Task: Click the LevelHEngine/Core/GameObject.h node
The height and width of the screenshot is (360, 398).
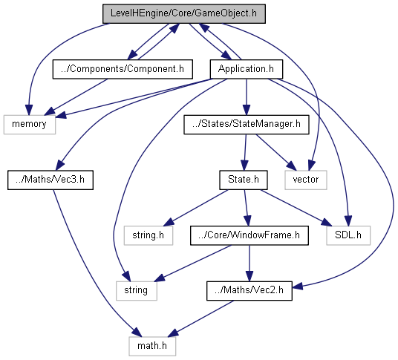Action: (x=184, y=13)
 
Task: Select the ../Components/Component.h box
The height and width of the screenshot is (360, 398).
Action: (x=123, y=69)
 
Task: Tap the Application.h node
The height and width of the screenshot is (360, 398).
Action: (x=247, y=69)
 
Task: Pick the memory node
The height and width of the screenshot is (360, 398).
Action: (x=30, y=124)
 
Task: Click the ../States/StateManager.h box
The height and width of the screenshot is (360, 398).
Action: (x=247, y=124)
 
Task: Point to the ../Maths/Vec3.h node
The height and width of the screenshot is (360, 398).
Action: (x=50, y=180)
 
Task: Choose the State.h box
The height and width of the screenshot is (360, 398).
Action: (x=244, y=180)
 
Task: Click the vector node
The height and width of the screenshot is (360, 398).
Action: (x=306, y=180)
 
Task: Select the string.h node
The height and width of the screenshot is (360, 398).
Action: (x=149, y=235)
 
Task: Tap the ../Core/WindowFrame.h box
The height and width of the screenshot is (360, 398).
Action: (x=249, y=235)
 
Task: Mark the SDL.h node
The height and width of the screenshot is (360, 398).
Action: (x=348, y=235)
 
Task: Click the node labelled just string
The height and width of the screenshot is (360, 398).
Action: (x=137, y=291)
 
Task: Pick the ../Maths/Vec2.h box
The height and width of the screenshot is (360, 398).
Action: (x=249, y=291)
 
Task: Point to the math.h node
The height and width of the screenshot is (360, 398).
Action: (x=152, y=346)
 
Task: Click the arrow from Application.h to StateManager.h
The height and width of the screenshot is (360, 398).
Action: (x=247, y=97)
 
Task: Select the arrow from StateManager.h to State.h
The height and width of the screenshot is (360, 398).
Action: (x=245, y=152)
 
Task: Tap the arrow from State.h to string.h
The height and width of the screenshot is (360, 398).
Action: (x=196, y=208)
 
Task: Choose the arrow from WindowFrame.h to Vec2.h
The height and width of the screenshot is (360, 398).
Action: (x=249, y=263)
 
